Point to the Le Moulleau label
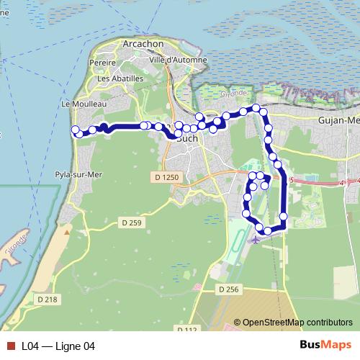[84, 104]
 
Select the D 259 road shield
[132, 222]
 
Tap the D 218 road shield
[45, 299]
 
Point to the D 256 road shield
[228, 288]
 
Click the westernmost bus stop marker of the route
[74, 130]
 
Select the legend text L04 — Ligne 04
[58, 346]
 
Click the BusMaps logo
[325, 346]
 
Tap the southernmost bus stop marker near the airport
[268, 230]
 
